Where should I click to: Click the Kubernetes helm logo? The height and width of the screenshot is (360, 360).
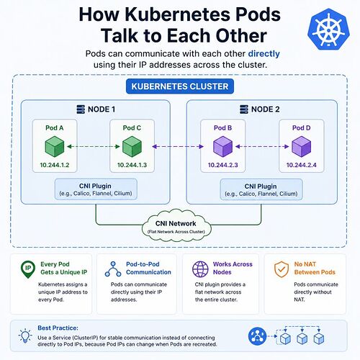tap(328, 30)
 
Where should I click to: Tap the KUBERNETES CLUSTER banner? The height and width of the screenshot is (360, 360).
tap(180, 86)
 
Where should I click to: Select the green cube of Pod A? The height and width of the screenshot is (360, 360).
tap(55, 146)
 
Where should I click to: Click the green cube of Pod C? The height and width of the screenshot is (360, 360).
tap(132, 146)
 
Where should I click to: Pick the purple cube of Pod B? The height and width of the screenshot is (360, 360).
tap(223, 146)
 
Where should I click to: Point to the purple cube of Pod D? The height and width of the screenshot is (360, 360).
tap(302, 146)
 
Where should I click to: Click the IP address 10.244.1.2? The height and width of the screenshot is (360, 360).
tap(55, 165)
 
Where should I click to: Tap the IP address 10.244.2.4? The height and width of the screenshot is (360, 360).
tap(302, 165)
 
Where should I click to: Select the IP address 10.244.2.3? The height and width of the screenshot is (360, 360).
tap(223, 165)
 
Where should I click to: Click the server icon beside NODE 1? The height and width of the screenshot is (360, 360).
tap(81, 109)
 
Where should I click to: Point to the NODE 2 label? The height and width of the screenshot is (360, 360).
tap(266, 109)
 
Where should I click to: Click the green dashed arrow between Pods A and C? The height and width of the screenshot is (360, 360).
tap(94, 146)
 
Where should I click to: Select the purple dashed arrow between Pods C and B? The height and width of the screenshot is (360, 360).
tap(178, 146)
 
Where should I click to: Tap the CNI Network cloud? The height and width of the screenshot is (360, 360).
tap(176, 225)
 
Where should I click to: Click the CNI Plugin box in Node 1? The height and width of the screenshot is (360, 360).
tap(96, 189)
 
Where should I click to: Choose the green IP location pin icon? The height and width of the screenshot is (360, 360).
tap(28, 269)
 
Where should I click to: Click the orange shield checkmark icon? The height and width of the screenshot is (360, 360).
tap(282, 269)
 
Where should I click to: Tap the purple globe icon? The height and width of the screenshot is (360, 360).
tap(200, 269)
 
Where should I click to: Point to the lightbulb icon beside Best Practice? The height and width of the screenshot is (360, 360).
tap(25, 336)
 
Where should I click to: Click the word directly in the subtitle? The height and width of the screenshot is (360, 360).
tap(264, 54)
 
